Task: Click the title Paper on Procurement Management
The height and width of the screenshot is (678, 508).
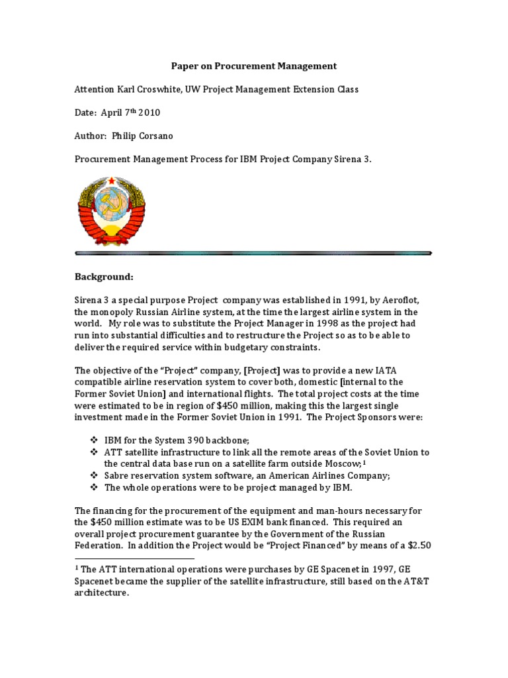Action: (255, 66)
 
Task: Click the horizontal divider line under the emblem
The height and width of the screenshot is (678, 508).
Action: (253, 252)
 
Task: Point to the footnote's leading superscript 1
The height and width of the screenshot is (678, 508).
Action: (77, 567)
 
